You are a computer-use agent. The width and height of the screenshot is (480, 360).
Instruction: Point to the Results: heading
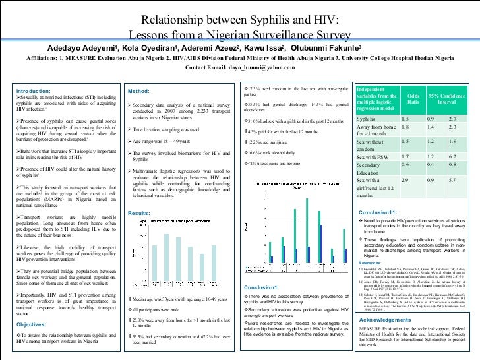(x=139, y=213)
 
